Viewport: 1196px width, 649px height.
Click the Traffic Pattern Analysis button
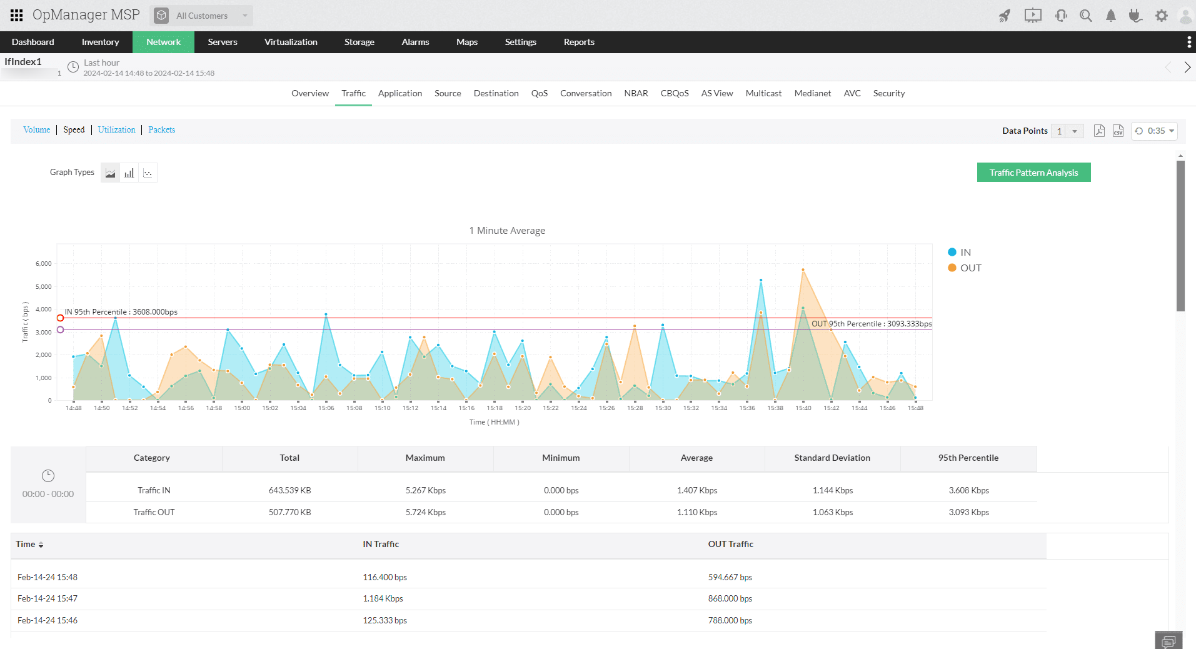[1033, 173]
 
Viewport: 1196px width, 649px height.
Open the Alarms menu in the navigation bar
[415, 42]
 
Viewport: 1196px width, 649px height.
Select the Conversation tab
[586, 93]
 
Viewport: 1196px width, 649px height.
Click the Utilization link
[116, 129]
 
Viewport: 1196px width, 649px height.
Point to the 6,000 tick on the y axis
[44, 264]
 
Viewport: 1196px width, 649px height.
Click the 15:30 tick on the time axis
[663, 408]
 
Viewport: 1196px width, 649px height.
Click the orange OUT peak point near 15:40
[803, 270]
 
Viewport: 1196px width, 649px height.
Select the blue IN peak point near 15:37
[761, 280]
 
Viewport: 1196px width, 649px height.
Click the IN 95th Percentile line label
[121, 311]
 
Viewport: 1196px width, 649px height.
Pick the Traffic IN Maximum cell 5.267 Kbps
[425, 490]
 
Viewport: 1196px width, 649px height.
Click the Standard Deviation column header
[832, 458]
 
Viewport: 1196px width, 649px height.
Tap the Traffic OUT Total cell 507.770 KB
[289, 512]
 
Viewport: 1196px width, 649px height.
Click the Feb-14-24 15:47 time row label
[48, 598]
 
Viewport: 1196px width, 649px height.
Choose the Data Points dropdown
[1067, 131]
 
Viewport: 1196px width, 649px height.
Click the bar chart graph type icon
[129, 173]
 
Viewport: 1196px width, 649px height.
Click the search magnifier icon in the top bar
[1086, 16]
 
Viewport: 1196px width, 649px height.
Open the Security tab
[888, 93]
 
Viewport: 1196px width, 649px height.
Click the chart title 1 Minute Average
[507, 231]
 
